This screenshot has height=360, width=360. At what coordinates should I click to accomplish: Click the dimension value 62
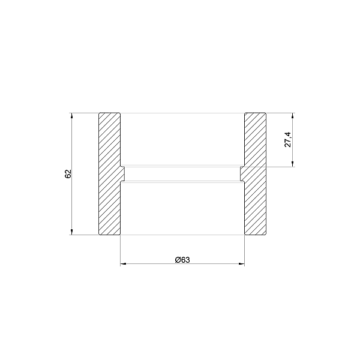point(68,173)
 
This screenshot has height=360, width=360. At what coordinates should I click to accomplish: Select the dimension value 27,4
point(287,139)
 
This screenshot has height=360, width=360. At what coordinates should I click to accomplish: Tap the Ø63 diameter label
point(182,259)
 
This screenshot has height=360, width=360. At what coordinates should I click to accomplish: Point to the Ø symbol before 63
point(178,259)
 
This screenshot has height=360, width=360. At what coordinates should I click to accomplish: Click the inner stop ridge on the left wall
point(123,173)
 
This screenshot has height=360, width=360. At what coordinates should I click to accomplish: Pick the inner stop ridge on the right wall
point(242,173)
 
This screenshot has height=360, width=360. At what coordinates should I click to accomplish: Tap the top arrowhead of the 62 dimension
point(72,115)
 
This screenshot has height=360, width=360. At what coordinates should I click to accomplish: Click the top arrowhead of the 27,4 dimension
point(293,115)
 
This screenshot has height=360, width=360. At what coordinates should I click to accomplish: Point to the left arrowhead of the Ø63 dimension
point(123,263)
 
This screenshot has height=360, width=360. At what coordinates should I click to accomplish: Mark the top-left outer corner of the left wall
point(98,112)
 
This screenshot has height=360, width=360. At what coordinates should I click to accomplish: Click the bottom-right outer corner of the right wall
point(266,234)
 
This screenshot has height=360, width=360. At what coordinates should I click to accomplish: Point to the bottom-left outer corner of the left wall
point(98,234)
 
